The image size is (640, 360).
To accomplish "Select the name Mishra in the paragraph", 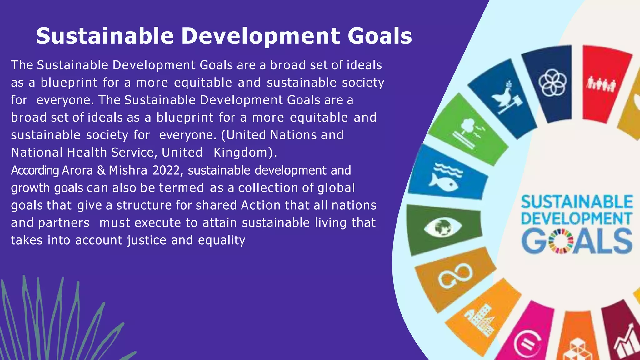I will pos(128,171).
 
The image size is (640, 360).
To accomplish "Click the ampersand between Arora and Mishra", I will pos(101,171).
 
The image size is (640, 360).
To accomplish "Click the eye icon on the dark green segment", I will pos(442,228).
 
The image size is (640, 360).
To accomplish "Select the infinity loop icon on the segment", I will pos(455,275).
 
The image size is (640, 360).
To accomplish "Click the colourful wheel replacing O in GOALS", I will pos(562,241).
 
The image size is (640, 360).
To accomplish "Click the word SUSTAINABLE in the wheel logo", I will pos(577,202).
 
